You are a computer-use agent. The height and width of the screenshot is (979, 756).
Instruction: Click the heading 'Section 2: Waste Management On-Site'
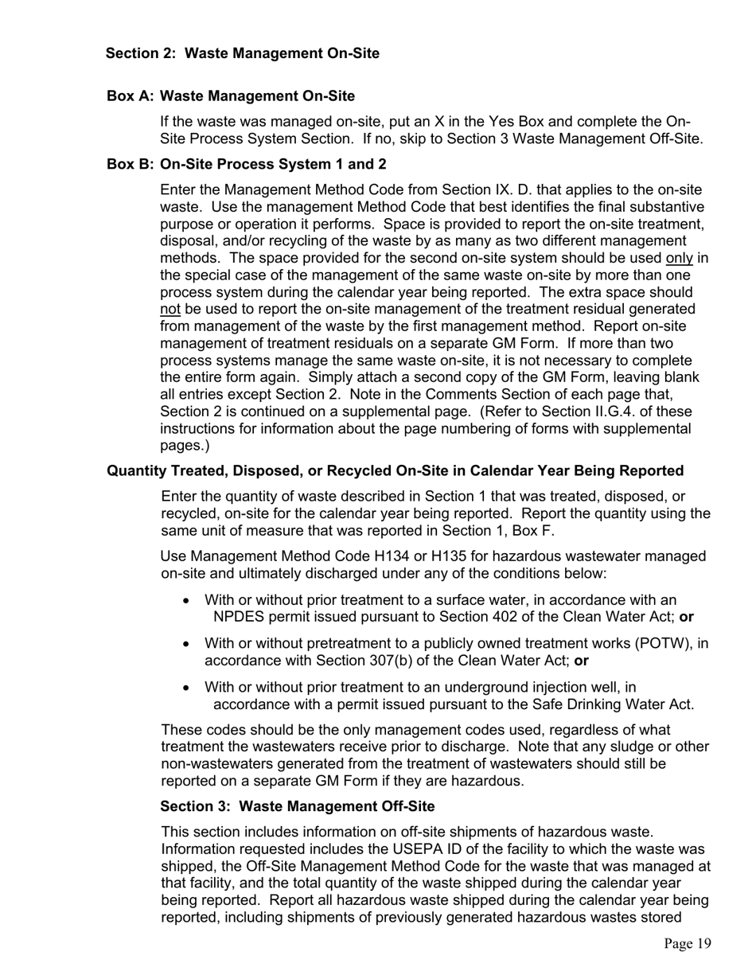tap(243, 53)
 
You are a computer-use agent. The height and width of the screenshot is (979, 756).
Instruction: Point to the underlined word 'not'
tap(170, 309)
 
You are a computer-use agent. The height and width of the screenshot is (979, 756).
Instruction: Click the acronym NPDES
tap(239, 617)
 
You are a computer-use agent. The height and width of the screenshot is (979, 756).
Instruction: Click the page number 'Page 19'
tap(688, 944)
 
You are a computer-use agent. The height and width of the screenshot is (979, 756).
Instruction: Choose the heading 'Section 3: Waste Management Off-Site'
tap(298, 806)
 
